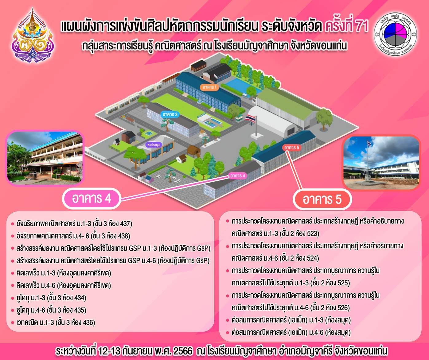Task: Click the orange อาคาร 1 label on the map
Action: coord(209,87)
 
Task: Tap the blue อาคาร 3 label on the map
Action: coord(170,114)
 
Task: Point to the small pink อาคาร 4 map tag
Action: coord(237,176)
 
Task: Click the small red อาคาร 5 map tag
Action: coord(292,148)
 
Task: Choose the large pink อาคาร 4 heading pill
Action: coord(92,199)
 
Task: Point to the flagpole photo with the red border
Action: coord(381,163)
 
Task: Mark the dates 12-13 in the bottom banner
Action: coord(109,351)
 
